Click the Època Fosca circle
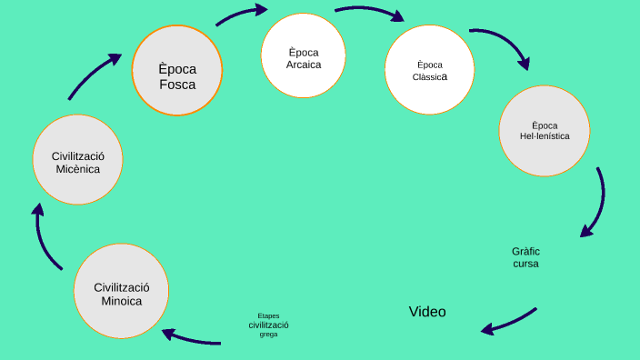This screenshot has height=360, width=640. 177,70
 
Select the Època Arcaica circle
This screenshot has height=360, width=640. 304,56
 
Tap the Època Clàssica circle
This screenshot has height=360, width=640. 429,71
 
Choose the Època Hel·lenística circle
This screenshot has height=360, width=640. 545,131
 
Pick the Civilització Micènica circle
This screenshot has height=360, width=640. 77,161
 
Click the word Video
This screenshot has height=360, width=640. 427,312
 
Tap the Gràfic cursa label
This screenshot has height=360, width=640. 525,256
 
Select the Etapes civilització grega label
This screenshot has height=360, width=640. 268,325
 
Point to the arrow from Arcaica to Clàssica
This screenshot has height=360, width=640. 369,13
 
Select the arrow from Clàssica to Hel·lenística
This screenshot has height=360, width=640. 503,45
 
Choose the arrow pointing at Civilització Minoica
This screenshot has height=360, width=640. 192,338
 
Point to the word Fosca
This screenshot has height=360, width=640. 177,85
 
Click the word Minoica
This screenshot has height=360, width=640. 121,301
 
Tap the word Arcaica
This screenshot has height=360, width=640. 304,64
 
